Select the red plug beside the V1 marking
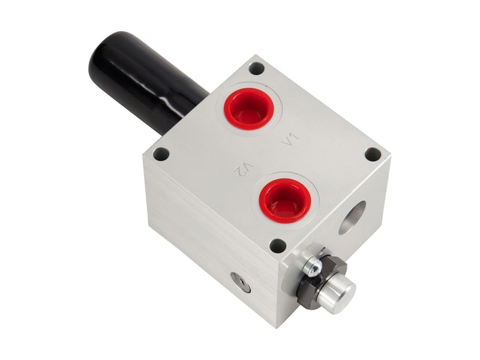click(x=248, y=109)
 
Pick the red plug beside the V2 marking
click(x=285, y=200)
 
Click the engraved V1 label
click(x=290, y=140)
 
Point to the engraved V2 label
click(x=244, y=169)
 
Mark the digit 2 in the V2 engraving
click(x=239, y=170)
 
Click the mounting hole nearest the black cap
click(x=257, y=68)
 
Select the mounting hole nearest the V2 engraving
click(x=161, y=154)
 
